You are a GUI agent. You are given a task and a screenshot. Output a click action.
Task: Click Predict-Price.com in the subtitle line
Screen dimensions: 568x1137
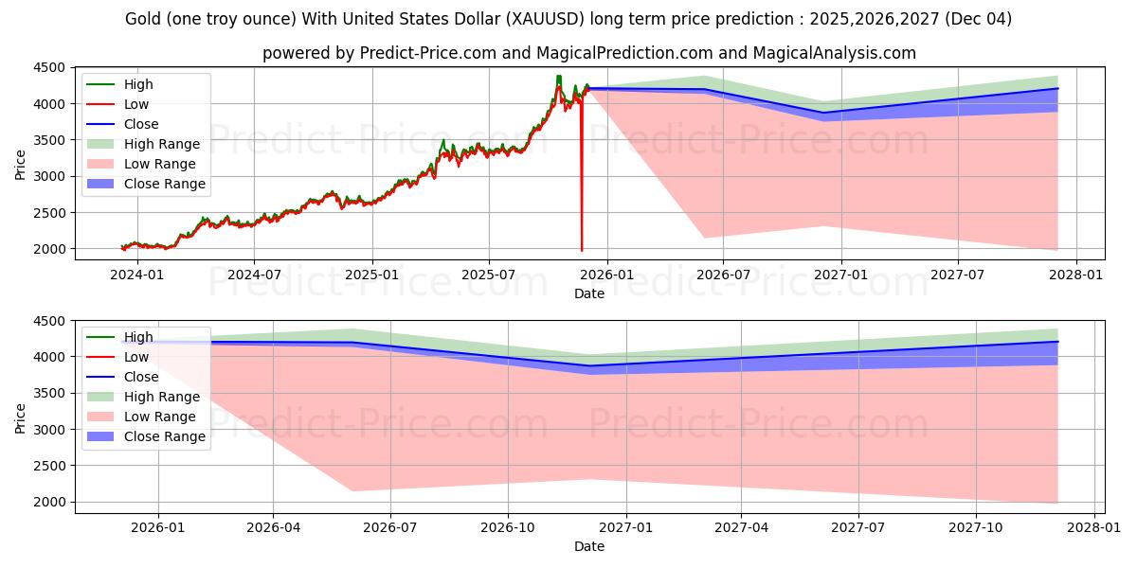tap(428, 53)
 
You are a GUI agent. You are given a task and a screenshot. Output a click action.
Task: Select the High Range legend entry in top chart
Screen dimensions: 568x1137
tap(161, 144)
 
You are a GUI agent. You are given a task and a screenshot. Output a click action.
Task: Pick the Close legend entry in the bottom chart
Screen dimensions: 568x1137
tap(141, 377)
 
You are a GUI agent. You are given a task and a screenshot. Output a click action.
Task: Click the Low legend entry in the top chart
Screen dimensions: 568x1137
tap(136, 104)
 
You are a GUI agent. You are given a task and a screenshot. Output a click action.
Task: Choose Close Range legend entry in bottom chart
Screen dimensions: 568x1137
tap(164, 436)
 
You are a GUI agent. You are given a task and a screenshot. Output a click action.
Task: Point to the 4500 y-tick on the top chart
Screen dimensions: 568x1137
tap(50, 67)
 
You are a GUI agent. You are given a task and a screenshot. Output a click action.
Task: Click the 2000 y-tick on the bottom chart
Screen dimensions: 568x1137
tap(50, 502)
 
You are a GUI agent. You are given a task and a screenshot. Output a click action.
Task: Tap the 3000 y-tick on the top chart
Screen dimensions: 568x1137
tap(50, 176)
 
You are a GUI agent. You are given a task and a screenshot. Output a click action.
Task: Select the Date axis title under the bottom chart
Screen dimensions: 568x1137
tap(589, 546)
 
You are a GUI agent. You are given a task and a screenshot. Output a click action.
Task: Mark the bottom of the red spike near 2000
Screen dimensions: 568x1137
tap(582, 250)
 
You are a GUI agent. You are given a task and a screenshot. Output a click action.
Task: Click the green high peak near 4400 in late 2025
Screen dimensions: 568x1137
tap(558, 77)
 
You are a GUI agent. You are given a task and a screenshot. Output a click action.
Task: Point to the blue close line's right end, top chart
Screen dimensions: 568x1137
tap(1057, 88)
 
